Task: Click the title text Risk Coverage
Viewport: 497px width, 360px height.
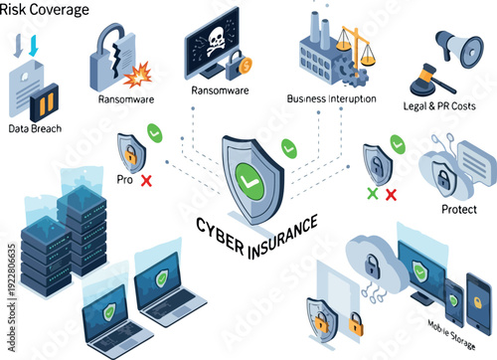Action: click(45, 10)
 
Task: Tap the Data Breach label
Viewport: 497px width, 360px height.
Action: click(34, 128)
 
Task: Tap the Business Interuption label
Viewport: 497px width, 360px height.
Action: click(332, 98)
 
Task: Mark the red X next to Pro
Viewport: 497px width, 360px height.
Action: click(146, 180)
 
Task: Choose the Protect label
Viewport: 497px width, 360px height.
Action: click(458, 210)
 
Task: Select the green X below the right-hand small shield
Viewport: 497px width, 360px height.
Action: click(373, 193)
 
